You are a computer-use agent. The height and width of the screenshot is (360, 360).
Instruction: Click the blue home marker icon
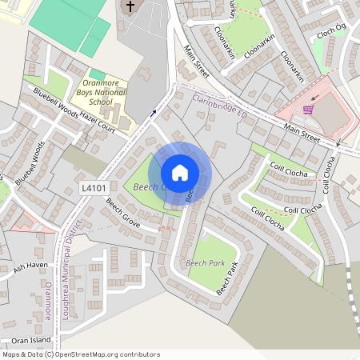point(180,173)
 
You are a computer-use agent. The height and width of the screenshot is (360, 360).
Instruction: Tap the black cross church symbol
point(130,7)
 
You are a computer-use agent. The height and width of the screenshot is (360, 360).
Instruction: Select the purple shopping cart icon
point(307,109)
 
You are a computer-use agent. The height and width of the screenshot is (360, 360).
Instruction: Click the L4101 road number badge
point(94,187)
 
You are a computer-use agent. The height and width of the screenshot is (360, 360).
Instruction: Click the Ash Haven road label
point(30,267)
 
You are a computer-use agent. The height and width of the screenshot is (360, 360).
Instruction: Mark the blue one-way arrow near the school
point(153,113)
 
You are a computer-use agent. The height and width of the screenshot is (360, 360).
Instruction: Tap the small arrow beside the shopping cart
point(315,99)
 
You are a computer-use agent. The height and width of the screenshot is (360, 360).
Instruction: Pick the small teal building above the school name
point(97,74)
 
